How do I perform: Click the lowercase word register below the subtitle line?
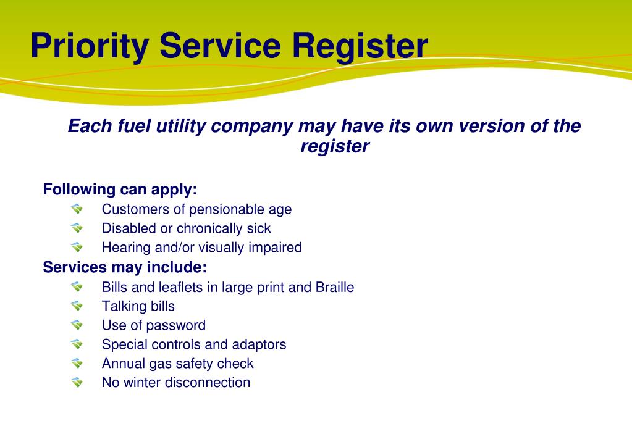(334, 147)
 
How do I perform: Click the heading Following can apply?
(120, 189)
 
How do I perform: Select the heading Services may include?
(125, 268)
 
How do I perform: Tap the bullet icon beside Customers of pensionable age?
(77, 209)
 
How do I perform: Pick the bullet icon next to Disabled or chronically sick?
(77, 228)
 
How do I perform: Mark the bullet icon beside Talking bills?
(77, 306)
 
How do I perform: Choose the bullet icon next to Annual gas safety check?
(77, 363)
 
